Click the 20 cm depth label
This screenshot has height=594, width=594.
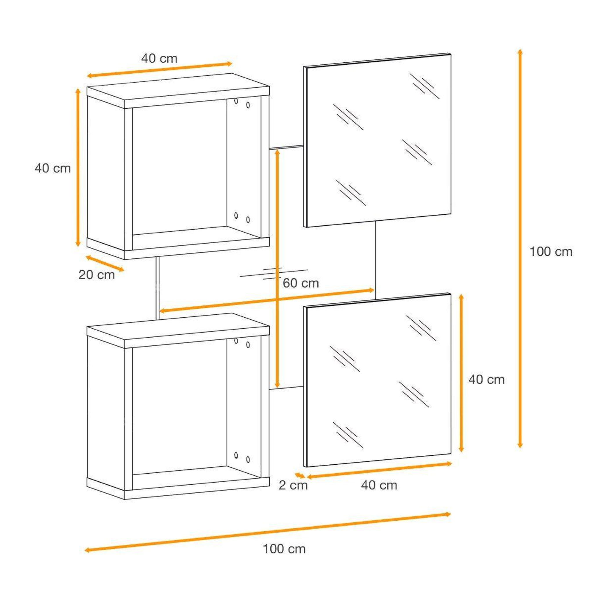point(97,275)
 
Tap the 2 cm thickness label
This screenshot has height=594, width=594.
point(293,485)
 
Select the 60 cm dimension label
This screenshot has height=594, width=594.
point(301,283)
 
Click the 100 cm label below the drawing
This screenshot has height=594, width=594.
point(284,549)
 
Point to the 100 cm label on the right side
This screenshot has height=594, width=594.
point(551,252)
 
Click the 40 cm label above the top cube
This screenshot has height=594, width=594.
point(159,58)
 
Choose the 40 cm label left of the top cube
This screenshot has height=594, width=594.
point(52,168)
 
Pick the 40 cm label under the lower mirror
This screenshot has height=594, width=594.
point(379,485)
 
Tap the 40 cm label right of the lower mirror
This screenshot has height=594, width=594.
point(487,380)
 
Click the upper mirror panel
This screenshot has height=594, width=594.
point(378,140)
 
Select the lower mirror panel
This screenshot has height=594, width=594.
point(378,380)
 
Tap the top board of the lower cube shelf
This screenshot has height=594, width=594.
point(178,331)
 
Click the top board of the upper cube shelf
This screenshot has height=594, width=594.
point(178,91)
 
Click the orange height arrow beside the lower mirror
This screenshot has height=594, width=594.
point(461,373)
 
